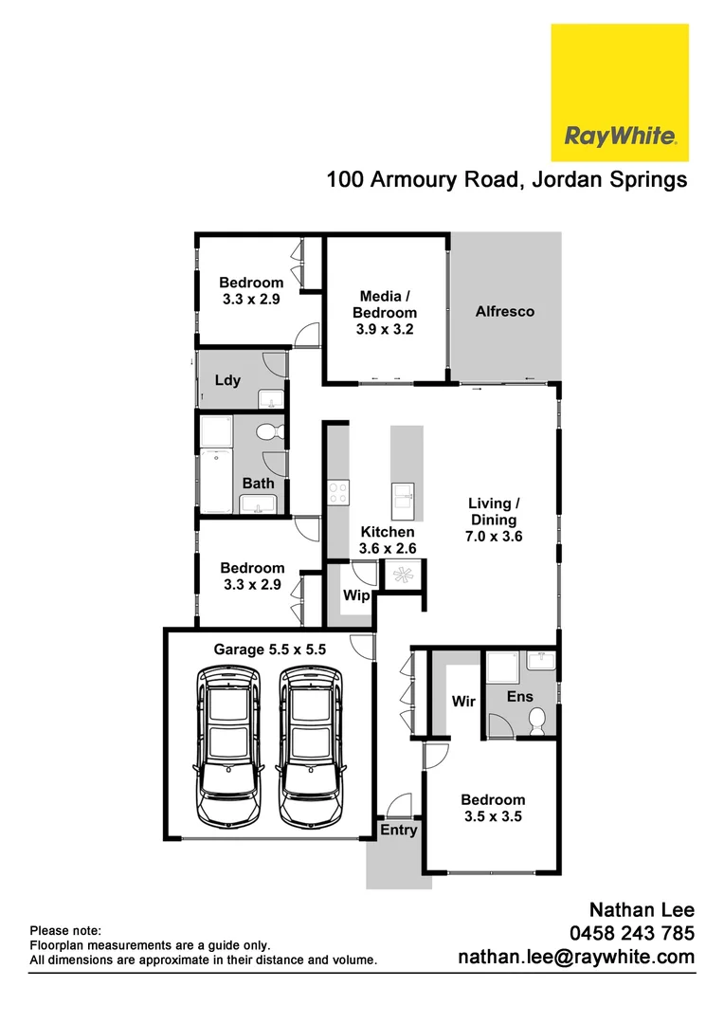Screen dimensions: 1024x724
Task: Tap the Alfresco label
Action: click(x=505, y=311)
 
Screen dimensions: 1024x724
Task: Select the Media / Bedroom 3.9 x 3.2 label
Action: click(x=385, y=313)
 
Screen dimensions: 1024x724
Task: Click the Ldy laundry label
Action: click(x=227, y=380)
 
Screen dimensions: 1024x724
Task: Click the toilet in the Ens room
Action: click(x=537, y=721)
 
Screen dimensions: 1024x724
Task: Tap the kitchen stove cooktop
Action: click(x=337, y=491)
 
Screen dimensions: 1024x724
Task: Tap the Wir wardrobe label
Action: click(x=463, y=702)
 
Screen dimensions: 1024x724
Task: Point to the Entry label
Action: click(x=398, y=830)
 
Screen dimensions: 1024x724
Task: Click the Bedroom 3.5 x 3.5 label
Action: click(x=493, y=808)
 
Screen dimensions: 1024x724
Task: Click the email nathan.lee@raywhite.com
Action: click(x=576, y=958)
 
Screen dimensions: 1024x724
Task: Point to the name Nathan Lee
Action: click(x=642, y=910)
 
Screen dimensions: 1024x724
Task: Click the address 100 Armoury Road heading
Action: click(x=507, y=179)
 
